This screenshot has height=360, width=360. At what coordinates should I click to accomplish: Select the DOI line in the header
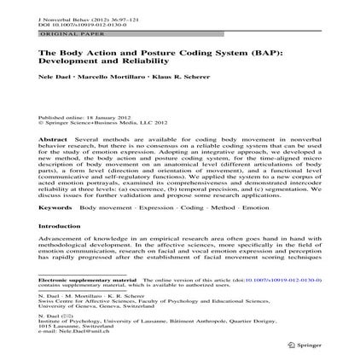pyautogui.click(x=66, y=24)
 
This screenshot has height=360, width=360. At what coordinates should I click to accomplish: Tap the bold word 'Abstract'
pyautogui.click(x=54, y=137)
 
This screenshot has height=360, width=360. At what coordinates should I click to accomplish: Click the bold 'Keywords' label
pyautogui.click(x=55, y=207)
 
